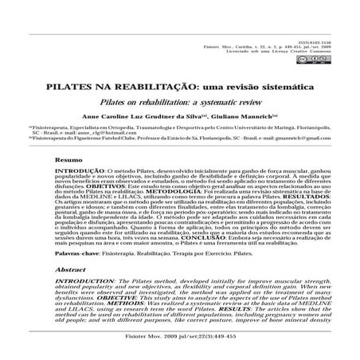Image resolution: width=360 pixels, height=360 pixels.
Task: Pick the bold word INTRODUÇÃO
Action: click(76, 170)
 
